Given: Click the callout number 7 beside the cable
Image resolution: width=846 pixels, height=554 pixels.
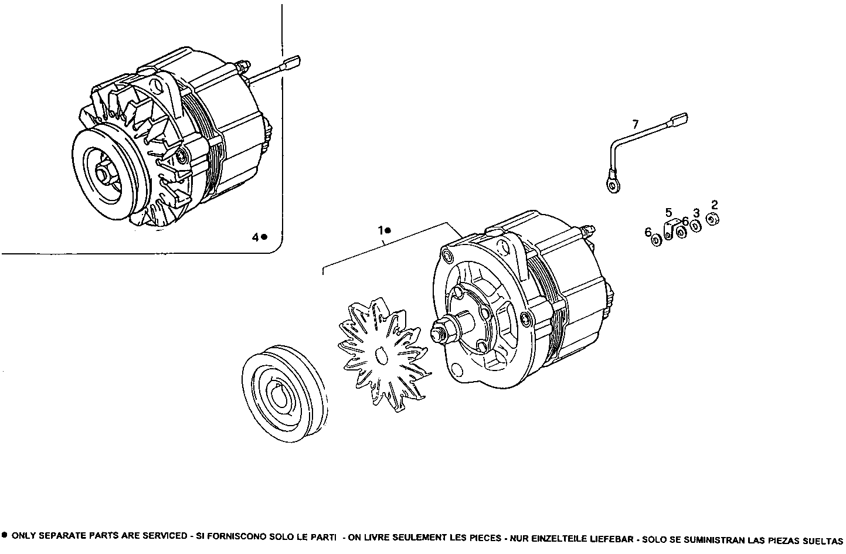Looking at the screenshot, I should [636, 124].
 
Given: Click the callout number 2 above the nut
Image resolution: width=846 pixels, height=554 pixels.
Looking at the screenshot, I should [714, 205].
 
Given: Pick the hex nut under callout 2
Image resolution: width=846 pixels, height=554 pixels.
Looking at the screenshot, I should [713, 219].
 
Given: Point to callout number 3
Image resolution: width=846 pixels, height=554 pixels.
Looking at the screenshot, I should [696, 212].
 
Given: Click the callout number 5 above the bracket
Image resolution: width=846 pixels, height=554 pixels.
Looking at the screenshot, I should [668, 212].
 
